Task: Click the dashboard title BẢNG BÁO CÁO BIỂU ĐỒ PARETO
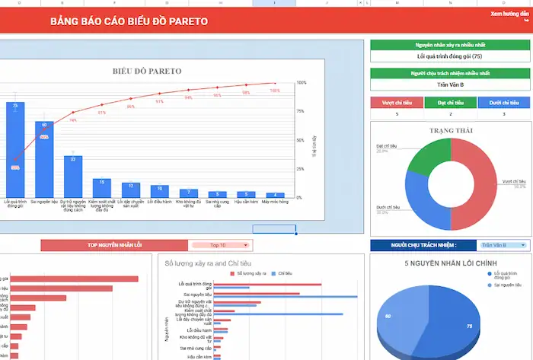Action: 128,21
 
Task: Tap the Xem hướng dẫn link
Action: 509,14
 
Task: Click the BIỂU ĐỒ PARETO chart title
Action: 147,71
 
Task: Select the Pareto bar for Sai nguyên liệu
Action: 44,158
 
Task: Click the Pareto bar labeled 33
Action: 73,176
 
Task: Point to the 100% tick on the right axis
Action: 301,82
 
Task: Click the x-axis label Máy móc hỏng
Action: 275,202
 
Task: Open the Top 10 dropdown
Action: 220,245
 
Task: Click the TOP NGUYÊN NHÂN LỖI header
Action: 113,245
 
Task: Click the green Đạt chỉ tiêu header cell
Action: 449,102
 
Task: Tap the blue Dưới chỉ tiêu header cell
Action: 504,102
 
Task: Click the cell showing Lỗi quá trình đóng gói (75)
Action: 449,56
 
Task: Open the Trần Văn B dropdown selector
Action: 504,245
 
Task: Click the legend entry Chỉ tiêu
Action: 286,272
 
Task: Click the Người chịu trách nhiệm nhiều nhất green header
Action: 449,73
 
